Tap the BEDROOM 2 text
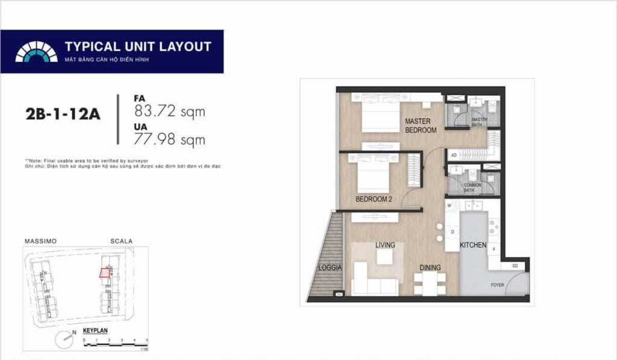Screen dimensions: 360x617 pyautogui.click(x=375, y=199)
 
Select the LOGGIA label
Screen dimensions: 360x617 pyautogui.click(x=330, y=267)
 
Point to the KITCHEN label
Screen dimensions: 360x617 pyautogui.click(x=473, y=246)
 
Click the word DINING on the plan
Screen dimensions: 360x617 pyautogui.click(x=430, y=268)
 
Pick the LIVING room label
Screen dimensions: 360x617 pyautogui.click(x=385, y=245)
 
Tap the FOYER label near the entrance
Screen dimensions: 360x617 pyautogui.click(x=497, y=285)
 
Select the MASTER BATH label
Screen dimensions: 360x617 pyautogui.click(x=479, y=122)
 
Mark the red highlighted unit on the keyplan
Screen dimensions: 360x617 pyautogui.click(x=106, y=272)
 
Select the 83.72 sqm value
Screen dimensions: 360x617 pyautogui.click(x=171, y=112)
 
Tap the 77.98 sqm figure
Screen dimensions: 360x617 pyautogui.click(x=171, y=141)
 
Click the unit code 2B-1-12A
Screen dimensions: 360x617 pyautogui.click(x=63, y=115)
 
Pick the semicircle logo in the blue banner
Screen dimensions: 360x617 pyautogui.click(x=36, y=52)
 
